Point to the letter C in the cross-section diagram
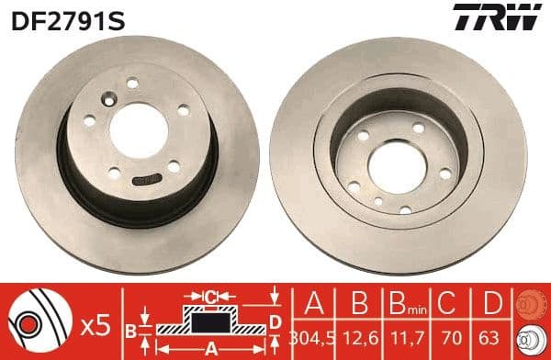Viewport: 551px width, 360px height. [210, 297]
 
